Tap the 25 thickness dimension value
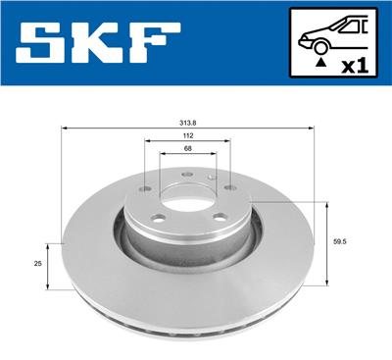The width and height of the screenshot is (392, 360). coord(38,263)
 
